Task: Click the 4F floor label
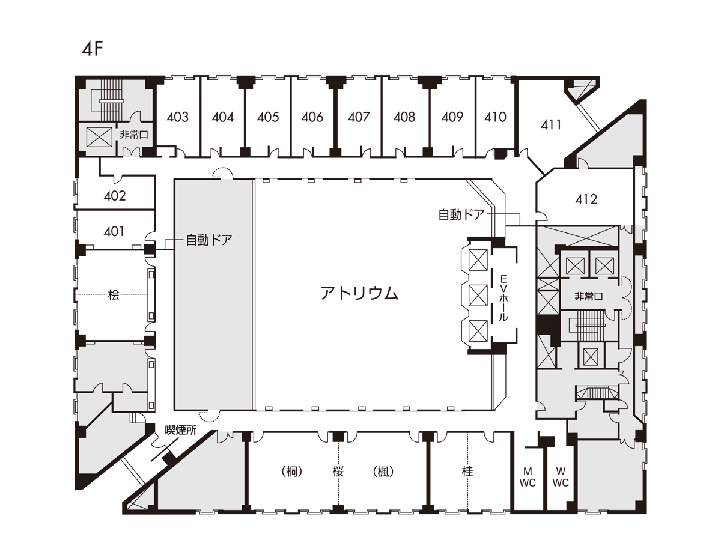point(93,49)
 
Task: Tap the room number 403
point(177,117)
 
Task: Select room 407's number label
point(359,117)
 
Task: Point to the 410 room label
point(495,117)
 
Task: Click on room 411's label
point(551,125)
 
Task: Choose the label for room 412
point(586,199)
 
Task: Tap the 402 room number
point(115,196)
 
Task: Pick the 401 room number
point(114,231)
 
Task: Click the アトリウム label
point(359,293)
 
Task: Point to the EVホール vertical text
point(503,298)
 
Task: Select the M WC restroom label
point(528,477)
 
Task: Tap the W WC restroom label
point(561,477)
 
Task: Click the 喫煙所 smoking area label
point(181,430)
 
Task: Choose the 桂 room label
point(467,472)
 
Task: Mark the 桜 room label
point(338,472)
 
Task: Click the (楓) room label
point(383,472)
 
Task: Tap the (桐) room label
point(291,472)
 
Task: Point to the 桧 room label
point(114,294)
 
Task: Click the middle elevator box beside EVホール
point(478,296)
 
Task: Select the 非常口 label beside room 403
point(134,135)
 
